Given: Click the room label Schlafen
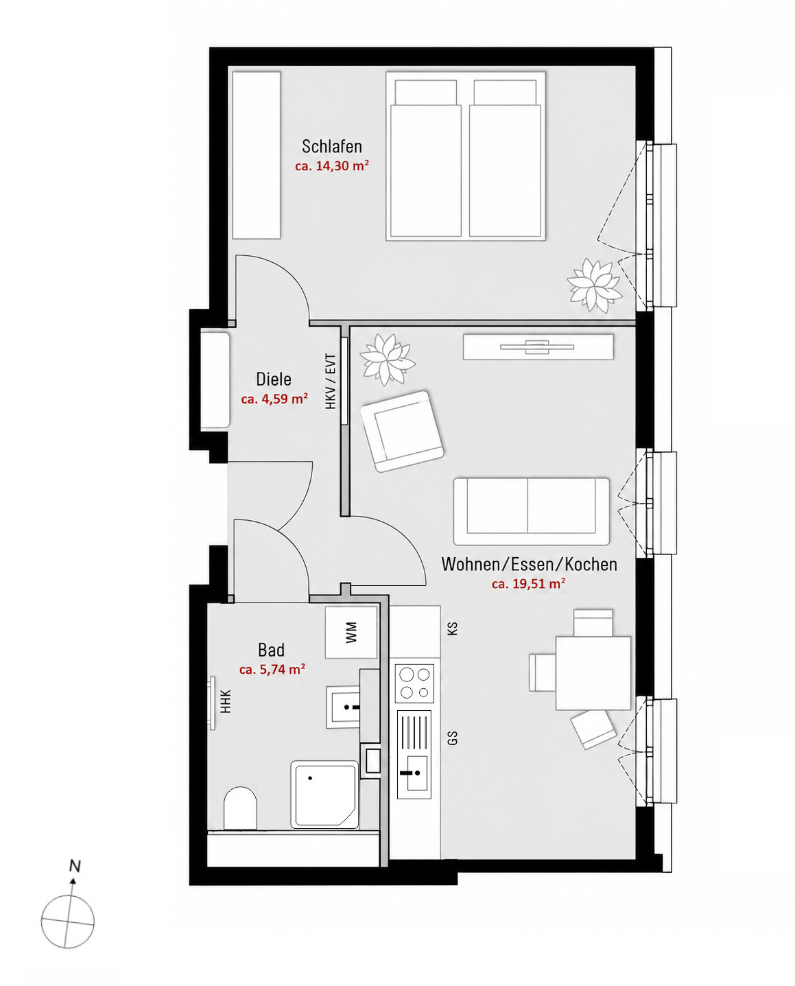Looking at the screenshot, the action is pos(332,147).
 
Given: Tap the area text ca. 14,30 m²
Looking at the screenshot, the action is pos(332,165).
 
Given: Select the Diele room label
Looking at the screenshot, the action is pos(274,379).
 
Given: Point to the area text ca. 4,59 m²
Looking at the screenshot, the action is pos(274,399).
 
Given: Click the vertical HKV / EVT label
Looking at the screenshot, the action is pos(331,382).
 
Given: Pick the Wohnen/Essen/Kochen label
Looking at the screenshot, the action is pos(530,564).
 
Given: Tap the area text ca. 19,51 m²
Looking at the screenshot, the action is pos(528,584).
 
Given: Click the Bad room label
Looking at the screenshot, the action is pos(271,650).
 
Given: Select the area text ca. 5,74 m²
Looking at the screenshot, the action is pos(272,670).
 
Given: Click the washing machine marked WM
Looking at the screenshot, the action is pos(351,633).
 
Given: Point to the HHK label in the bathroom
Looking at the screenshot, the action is pos(226,701).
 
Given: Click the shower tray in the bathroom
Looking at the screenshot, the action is pos(324,795).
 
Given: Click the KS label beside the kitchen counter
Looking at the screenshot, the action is pos(452,629).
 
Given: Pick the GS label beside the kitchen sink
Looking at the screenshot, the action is pos(452,738).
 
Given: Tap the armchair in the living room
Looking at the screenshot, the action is pos(402,431).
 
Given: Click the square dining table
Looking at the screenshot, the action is pos(593,672).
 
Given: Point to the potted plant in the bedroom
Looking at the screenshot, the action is pos(595,285).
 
